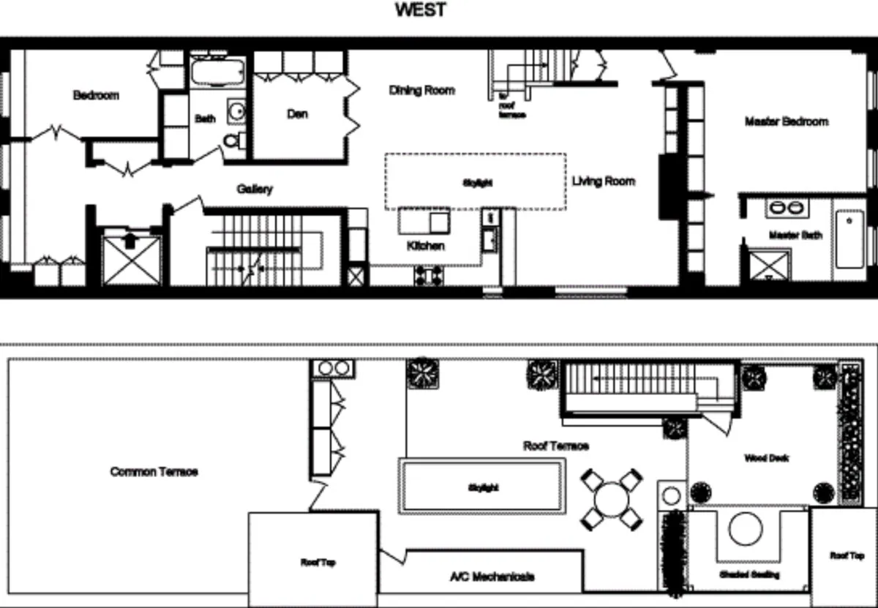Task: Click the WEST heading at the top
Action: tap(421, 10)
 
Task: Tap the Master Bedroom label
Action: tap(786, 121)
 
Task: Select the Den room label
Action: tap(297, 114)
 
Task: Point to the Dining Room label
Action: tap(421, 91)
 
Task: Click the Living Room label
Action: tap(604, 181)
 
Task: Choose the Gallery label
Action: tap(255, 189)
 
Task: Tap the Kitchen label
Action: tap(425, 246)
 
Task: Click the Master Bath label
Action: tap(795, 236)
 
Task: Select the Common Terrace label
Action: tap(154, 472)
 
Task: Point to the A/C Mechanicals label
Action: tap(492, 577)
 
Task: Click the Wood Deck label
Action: tap(766, 459)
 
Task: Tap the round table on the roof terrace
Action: tap(612, 500)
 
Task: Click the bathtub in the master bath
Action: tap(849, 239)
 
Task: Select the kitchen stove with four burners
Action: tap(427, 275)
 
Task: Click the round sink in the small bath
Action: tap(236, 111)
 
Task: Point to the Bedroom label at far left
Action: tap(96, 95)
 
